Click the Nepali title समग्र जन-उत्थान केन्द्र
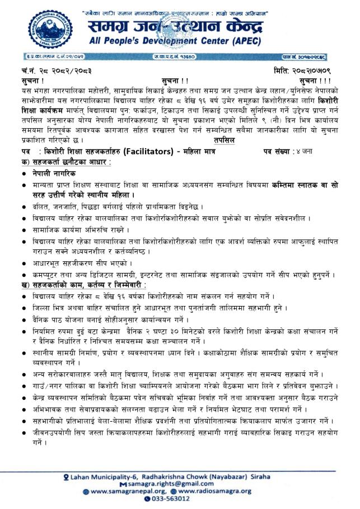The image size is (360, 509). point(190,25)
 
